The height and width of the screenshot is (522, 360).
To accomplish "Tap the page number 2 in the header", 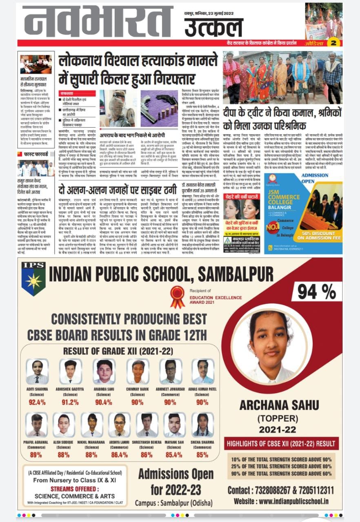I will [x=333, y=43].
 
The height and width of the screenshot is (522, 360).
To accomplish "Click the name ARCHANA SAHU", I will [x=279, y=405].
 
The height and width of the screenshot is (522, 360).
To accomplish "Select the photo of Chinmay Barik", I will [x=138, y=371].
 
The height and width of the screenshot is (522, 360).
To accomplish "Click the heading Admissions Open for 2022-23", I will [x=176, y=481].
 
